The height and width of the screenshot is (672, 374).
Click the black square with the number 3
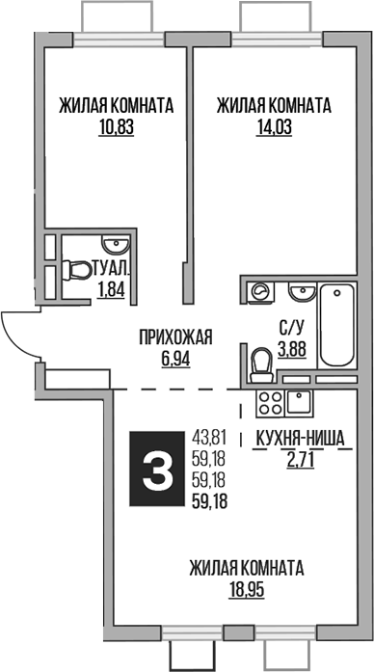156,470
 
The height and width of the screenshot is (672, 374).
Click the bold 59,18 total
215,500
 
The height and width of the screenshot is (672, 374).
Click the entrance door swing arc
17,337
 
